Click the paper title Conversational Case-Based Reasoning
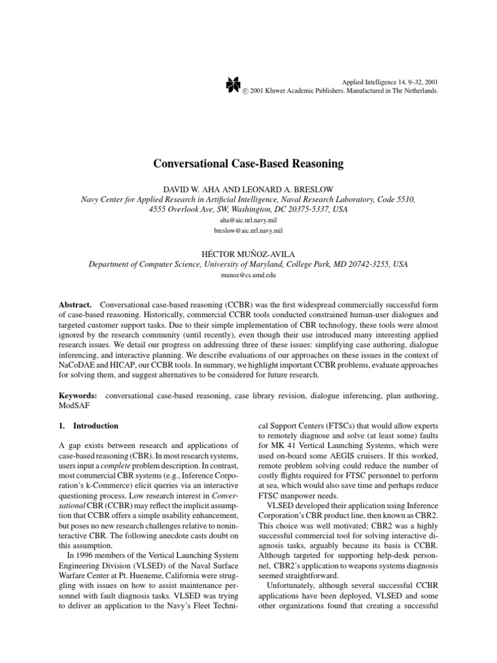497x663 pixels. point(248,164)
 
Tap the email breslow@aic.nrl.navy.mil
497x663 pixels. point(248,230)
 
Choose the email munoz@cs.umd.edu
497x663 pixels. point(248,275)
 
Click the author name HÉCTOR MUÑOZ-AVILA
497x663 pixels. point(248,253)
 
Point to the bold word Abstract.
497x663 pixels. point(73,304)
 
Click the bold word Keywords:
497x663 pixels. point(80,394)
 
